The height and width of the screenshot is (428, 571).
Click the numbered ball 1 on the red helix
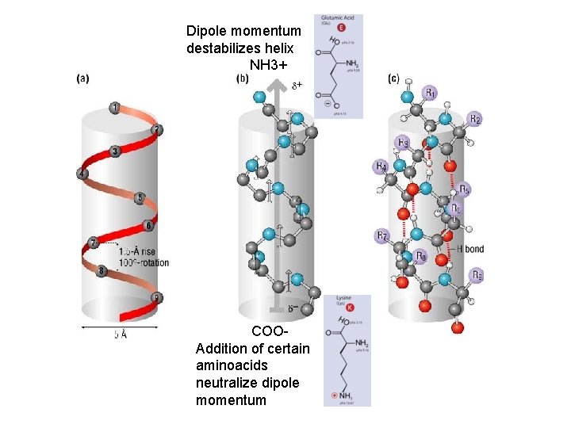[115, 108]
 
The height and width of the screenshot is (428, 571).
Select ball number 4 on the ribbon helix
[82, 174]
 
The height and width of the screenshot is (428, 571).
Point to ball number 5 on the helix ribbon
[140, 197]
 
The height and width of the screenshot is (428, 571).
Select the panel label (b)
[243, 78]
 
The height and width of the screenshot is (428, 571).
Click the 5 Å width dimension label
[121, 334]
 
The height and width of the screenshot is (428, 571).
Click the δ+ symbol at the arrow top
[297, 84]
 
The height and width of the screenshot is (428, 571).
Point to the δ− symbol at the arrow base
[293, 308]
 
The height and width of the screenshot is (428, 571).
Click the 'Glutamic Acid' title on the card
[338, 17]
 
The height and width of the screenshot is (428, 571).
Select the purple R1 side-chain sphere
[429, 93]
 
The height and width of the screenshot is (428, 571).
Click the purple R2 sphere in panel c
[473, 120]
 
